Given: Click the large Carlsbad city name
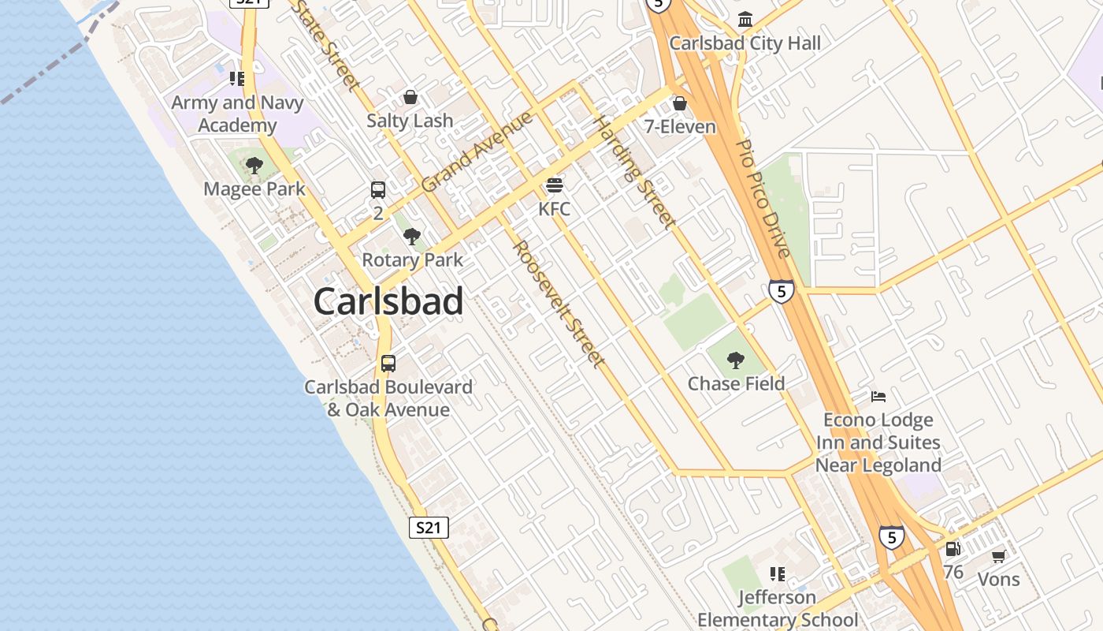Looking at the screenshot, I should [x=388, y=302].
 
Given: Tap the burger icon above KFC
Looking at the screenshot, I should [x=555, y=185].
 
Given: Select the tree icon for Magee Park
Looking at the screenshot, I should [x=254, y=166].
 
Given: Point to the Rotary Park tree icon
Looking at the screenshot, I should [x=411, y=237].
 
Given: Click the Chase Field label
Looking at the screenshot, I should [x=736, y=384].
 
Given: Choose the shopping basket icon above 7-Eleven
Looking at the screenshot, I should [x=679, y=103].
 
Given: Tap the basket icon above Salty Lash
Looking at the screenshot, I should [x=410, y=97].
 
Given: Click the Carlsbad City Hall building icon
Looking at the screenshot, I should [x=745, y=19].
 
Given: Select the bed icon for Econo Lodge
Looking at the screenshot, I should [x=878, y=396].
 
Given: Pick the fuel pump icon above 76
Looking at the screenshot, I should [x=953, y=548].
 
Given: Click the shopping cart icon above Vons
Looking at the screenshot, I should [x=998, y=556].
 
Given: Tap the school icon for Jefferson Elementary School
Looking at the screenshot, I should [x=778, y=574].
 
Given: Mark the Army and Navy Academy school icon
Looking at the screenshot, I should [x=237, y=79].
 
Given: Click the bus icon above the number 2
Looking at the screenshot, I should [x=378, y=190].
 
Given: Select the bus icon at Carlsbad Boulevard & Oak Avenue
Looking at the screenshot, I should [x=388, y=364].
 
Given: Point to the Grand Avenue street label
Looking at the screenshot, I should [x=477, y=152].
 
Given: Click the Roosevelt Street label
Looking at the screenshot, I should [x=560, y=304].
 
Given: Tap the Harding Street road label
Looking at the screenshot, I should [x=634, y=173].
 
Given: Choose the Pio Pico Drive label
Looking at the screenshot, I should [x=762, y=199].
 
